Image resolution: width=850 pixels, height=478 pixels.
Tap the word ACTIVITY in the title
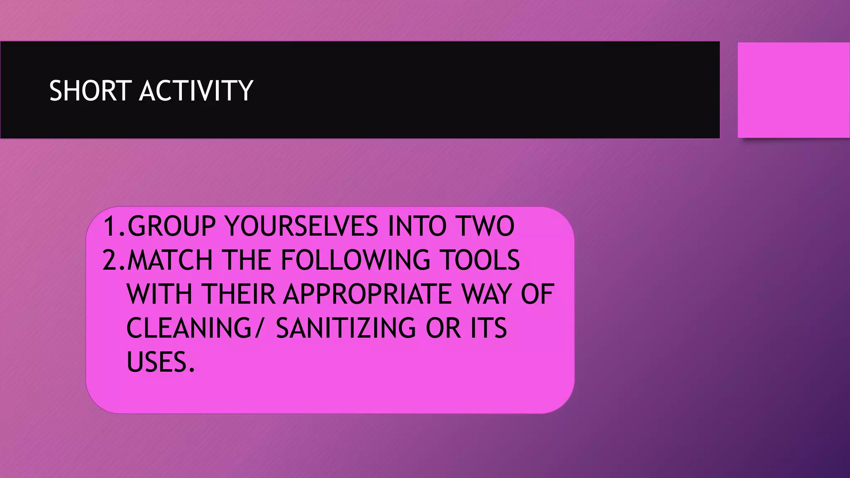(196, 90)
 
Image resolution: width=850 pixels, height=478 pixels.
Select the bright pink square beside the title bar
(793, 90)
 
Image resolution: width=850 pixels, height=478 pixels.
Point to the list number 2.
(112, 261)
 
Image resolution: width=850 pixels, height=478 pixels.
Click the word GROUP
(171, 227)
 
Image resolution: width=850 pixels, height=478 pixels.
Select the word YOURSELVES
(301, 227)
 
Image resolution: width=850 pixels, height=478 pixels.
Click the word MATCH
(170, 261)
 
